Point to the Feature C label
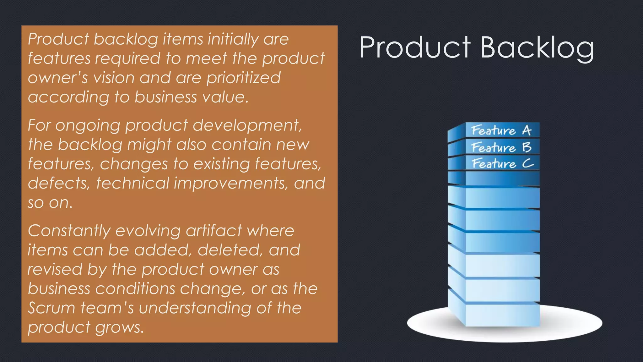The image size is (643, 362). click(502, 163)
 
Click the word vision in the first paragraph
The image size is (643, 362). click(114, 78)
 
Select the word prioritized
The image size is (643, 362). click(243, 78)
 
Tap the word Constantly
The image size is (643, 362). click(69, 231)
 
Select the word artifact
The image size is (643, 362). click(213, 231)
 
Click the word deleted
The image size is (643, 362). click(230, 250)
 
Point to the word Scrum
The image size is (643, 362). click(51, 308)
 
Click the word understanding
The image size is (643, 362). click(195, 308)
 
